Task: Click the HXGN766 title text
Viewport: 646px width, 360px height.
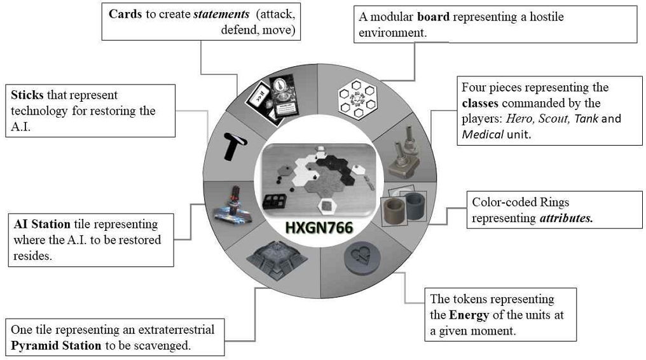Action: click(x=319, y=228)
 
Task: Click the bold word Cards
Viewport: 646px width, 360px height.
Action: click(x=125, y=14)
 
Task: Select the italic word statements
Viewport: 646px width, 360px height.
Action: click(x=221, y=14)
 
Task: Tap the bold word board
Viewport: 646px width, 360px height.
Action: click(x=433, y=17)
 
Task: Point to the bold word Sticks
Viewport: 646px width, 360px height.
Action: click(x=27, y=95)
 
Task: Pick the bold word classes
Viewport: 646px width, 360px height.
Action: click(x=480, y=103)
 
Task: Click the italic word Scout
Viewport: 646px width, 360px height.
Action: click(x=553, y=119)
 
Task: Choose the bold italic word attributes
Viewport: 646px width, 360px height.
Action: click(x=566, y=218)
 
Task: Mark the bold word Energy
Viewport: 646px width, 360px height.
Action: click(x=469, y=315)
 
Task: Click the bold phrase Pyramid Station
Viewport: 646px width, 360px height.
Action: click(x=56, y=345)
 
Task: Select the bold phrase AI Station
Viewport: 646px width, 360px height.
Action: click(x=42, y=225)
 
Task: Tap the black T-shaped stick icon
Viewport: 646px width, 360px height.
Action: click(x=233, y=146)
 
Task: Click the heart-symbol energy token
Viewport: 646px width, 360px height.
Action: click(x=362, y=258)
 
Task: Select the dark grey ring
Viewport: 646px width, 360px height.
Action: click(x=415, y=204)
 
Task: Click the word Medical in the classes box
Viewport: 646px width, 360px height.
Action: click(x=483, y=135)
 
